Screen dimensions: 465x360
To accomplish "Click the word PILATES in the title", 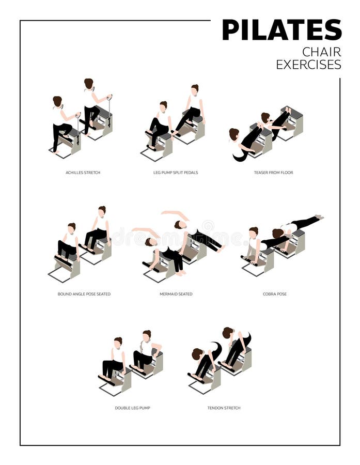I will (x=281, y=30).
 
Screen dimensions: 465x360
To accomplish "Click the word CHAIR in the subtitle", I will (x=321, y=52).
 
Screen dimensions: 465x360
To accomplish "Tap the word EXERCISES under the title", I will (x=308, y=65).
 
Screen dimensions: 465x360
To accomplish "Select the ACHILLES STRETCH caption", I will (x=83, y=173).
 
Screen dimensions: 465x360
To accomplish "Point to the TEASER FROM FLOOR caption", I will (x=274, y=173).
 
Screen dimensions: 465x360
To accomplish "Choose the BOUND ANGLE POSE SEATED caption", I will (x=84, y=294).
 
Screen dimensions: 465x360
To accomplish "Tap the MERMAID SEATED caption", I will (x=176, y=294).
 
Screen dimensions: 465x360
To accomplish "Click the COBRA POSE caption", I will (x=274, y=294).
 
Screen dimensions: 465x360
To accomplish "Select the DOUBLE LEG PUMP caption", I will (x=132, y=408).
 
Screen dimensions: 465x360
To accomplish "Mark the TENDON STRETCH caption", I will (x=224, y=408).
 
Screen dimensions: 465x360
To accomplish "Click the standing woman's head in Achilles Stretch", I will (x=89, y=83).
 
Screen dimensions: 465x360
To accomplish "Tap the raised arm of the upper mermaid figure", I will (x=176, y=213).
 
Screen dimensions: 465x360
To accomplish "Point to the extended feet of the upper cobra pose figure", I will (x=319, y=218).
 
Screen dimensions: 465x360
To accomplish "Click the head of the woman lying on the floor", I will (x=234, y=134).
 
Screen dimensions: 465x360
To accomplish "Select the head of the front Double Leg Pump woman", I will (x=118, y=342).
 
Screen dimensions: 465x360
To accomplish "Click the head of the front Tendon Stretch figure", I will (x=197, y=354).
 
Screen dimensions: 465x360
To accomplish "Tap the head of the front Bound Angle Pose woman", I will (x=71, y=227).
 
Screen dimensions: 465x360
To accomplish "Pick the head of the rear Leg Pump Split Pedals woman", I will (x=195, y=88).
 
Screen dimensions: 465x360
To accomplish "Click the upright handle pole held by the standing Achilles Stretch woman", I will (x=109, y=111).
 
